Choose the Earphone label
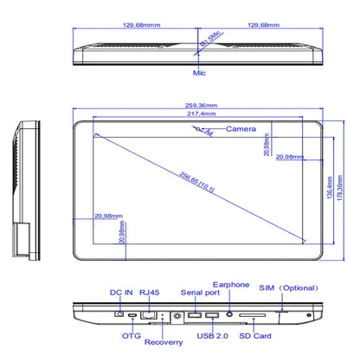click(232, 284)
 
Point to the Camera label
click(241, 129)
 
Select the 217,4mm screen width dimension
click(200, 114)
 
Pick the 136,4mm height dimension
click(328, 186)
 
